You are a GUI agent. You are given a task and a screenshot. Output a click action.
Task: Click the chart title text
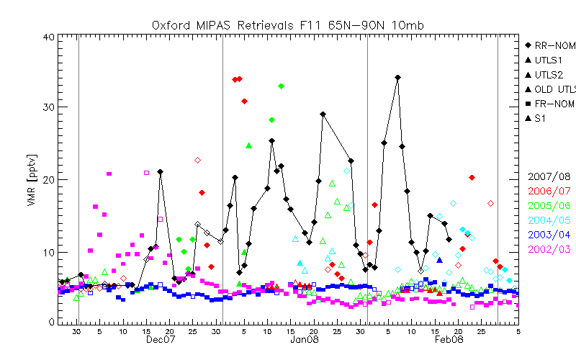coord(288,25)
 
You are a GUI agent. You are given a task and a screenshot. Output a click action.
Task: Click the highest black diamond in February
coord(397,77)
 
